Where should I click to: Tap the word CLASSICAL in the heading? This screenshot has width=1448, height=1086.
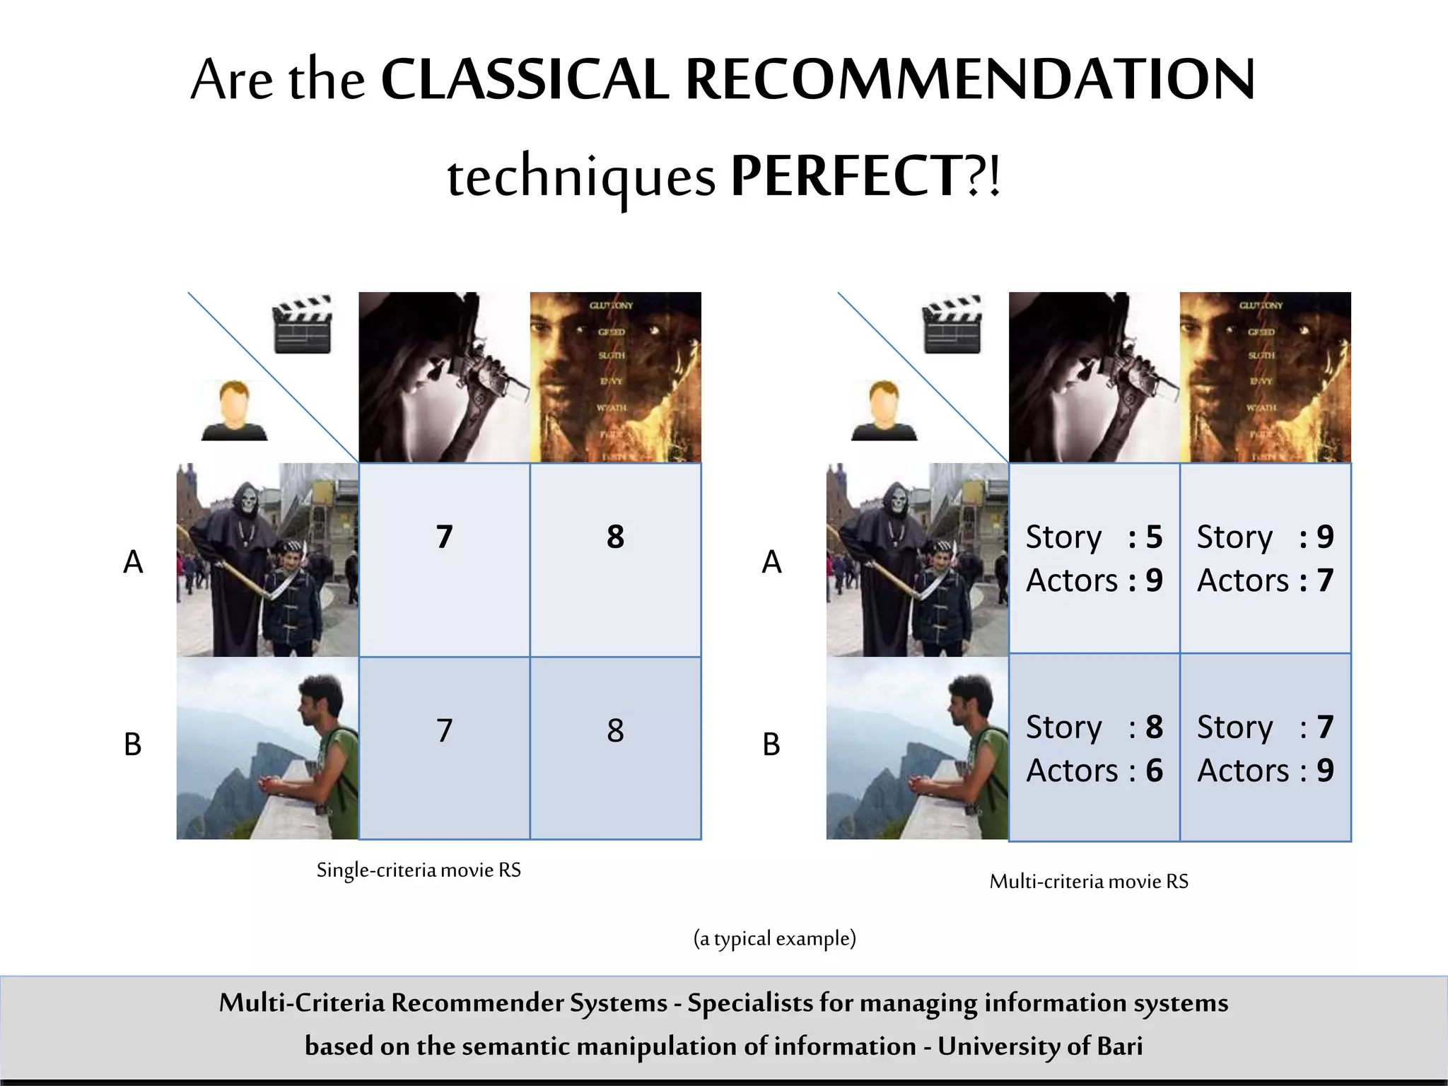click(525, 79)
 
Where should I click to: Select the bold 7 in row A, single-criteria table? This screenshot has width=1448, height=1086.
click(444, 537)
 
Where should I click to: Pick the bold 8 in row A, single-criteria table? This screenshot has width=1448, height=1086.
click(615, 537)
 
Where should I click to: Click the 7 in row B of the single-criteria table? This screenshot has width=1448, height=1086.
click(444, 730)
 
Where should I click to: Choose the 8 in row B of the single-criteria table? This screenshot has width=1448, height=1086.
click(615, 730)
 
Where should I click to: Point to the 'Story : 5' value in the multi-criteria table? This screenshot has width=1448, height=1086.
click(1094, 537)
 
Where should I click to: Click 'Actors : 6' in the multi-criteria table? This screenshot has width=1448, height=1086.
click(1094, 771)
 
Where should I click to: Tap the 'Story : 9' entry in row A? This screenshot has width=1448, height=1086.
click(1265, 537)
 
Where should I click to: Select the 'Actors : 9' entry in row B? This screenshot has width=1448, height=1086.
click(1265, 771)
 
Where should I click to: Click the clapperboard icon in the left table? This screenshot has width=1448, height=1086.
click(302, 325)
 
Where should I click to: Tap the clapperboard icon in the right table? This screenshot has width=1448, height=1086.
click(952, 325)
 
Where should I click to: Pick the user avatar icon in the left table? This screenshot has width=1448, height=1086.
click(234, 411)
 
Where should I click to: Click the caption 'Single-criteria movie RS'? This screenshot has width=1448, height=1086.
click(419, 870)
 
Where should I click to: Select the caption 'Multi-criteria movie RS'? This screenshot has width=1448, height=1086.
click(1089, 881)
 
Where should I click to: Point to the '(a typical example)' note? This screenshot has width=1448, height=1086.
click(774, 938)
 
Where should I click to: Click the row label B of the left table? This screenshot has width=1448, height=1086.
click(133, 744)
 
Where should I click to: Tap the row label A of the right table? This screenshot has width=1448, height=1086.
click(771, 562)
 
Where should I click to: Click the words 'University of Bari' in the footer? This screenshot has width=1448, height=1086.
click(1040, 1046)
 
